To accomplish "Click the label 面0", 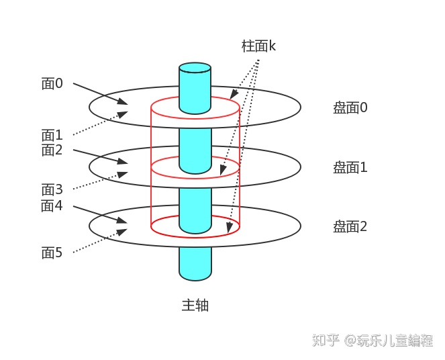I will coord(52,83).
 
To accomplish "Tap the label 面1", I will coord(52,135).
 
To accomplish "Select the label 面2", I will coord(52,150).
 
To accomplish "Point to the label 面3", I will coord(52,190).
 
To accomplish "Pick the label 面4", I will coord(52,206).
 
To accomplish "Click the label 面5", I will coord(52,253).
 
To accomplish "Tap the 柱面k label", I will coord(259,46).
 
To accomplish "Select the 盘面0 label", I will coord(350,107).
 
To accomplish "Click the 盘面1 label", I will coord(350,167).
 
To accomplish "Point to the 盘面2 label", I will coord(350,226).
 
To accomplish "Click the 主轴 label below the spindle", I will coord(195,305).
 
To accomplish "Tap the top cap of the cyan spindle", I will coord(195,68).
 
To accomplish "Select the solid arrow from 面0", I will coord(99,93).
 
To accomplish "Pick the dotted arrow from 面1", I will coord(99,124).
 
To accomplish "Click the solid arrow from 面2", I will coord(99,154).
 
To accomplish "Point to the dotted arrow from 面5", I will coord(99,242).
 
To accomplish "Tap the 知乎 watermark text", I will coord(326,340).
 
